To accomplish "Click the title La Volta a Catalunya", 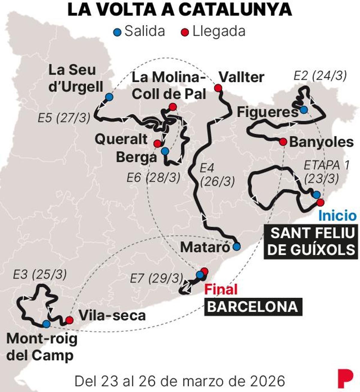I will click(180, 10).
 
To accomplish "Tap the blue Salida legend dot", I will click(118, 32).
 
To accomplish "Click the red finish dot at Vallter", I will click(218, 88).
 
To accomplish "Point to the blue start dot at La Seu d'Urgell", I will click(109, 97).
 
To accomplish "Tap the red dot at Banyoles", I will click(283, 142).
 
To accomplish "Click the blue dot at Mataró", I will click(237, 247).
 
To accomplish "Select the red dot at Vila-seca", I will click(69, 320).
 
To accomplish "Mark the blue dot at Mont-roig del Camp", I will click(46, 324).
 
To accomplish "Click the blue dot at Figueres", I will click(304, 110).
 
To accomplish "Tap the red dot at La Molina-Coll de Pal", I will click(172, 107).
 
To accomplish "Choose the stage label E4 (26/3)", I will click(217, 175).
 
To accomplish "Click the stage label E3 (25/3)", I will click(40, 274).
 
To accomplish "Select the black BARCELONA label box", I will click(253, 307).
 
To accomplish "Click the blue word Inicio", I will click(337, 216).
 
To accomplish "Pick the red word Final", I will click(221, 290).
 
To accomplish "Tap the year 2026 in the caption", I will click(268, 381).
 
